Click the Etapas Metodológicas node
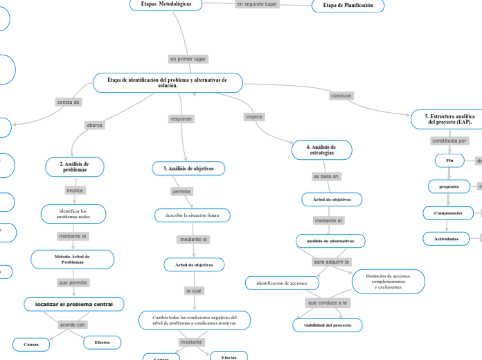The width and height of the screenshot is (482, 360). (166, 4)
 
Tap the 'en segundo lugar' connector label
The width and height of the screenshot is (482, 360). (256, 4)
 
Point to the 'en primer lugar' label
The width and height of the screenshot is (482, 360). (188, 59)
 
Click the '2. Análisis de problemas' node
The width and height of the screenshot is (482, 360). (75, 166)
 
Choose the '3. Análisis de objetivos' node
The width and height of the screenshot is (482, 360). (188, 168)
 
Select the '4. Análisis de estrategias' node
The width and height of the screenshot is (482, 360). (323, 150)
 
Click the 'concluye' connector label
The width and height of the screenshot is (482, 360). (341, 96)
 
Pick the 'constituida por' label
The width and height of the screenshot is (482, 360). (449, 141)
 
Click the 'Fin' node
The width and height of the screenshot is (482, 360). (449, 161)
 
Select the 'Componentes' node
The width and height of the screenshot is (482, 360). (448, 213)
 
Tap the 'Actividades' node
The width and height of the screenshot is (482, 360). (446, 239)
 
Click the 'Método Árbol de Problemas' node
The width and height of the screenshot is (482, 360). (73, 259)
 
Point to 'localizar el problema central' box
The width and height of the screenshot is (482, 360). (74, 304)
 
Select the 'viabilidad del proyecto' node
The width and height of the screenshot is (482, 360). (323, 325)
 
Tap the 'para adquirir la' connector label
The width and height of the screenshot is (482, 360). (332, 262)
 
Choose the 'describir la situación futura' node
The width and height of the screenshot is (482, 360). (192, 215)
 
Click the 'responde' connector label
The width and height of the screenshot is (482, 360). (181, 119)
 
